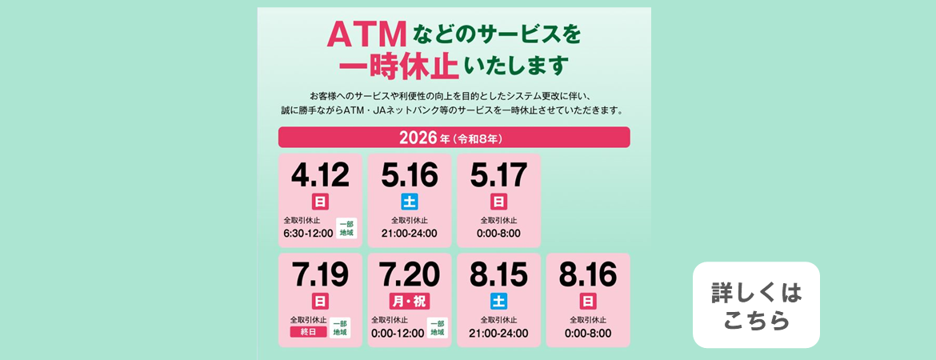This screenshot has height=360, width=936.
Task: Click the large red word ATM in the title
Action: [x=367, y=35]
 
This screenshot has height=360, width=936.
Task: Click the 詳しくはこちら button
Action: [x=756, y=305]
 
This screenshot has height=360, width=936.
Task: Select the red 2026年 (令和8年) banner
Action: [x=454, y=138]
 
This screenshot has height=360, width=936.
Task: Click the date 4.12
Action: [x=320, y=174]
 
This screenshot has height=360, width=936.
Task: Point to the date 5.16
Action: [x=410, y=174]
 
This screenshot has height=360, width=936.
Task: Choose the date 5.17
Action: [x=499, y=174]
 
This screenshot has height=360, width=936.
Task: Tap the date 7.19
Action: [x=320, y=274]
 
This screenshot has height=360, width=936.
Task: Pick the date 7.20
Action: [x=410, y=274]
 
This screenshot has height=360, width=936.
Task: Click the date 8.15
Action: [x=499, y=274]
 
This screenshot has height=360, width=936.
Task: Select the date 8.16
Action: [x=588, y=274]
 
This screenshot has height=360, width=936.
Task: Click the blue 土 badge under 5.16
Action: [x=410, y=201]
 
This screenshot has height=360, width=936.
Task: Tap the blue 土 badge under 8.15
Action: [x=499, y=301]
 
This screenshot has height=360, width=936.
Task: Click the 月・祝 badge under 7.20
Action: [x=410, y=301]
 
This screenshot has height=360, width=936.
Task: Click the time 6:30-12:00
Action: [x=308, y=234]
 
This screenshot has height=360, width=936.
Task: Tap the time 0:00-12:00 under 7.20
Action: [x=398, y=333]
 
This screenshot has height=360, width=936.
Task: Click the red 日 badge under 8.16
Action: [x=588, y=301]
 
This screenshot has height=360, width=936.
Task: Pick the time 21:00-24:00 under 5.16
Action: [x=410, y=234]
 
